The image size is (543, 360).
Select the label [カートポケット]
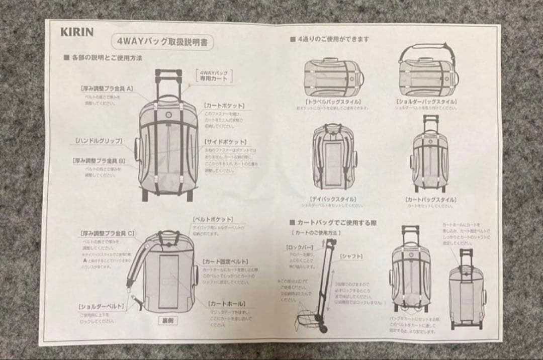pyautogui.click(x=224, y=106)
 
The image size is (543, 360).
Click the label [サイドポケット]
pyautogui.click(x=226, y=142)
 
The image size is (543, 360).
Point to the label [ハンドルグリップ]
pyautogui.click(x=98, y=140)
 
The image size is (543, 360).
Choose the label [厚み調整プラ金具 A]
pyautogui.click(x=106, y=88)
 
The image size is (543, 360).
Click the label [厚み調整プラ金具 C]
pyautogui.click(x=107, y=233)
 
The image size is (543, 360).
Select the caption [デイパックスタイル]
pyautogui.click(x=333, y=199)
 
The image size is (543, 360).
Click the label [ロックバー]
pyautogui.click(x=300, y=248)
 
